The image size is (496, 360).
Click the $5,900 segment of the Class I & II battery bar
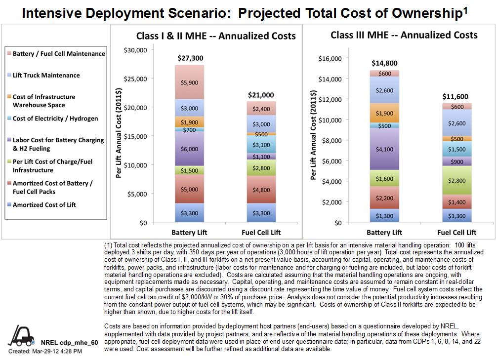[x=190, y=82]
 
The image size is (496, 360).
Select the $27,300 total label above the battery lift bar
[x=190, y=58]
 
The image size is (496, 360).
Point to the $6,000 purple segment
[x=190, y=148]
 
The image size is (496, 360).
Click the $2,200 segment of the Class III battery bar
[x=384, y=198]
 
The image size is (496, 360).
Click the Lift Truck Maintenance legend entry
[x=46, y=75]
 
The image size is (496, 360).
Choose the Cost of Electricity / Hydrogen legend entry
[x=55, y=119]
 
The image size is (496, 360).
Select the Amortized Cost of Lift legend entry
[x=44, y=205]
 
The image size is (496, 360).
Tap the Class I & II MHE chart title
[x=216, y=36]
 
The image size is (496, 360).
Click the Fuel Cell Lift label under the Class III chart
[x=457, y=232]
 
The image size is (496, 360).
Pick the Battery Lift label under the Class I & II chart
[x=189, y=232]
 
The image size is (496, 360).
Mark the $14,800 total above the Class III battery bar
[x=384, y=63]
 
